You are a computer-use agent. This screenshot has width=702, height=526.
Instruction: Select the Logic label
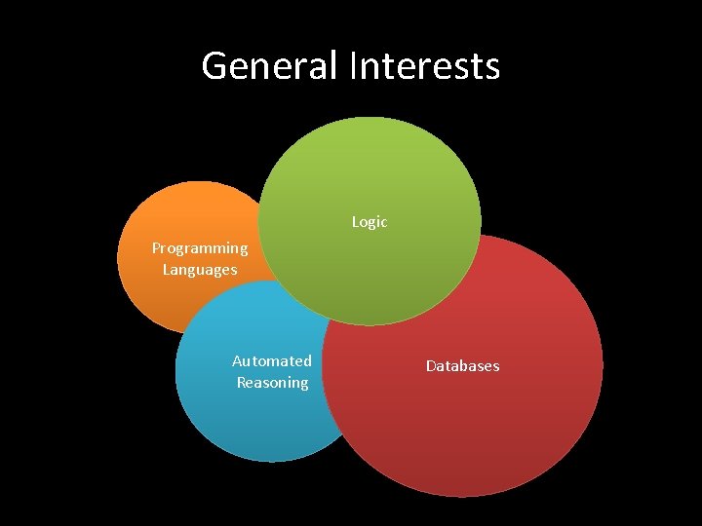pyautogui.click(x=370, y=222)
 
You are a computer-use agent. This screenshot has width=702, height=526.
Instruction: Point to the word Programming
pyautogui.click(x=200, y=248)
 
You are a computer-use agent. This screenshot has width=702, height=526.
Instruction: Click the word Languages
pyautogui.click(x=200, y=270)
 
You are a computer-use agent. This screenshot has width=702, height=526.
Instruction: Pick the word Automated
pyautogui.click(x=272, y=361)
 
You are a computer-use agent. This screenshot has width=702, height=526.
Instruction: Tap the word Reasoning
pyautogui.click(x=272, y=383)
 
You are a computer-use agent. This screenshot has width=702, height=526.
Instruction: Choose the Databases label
pyautogui.click(x=462, y=366)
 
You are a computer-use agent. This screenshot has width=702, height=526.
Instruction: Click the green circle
pyautogui.click(x=370, y=166)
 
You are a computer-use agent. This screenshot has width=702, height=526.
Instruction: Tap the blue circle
pyautogui.click(x=244, y=419)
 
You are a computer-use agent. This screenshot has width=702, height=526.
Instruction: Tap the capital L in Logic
pyautogui.click(x=355, y=222)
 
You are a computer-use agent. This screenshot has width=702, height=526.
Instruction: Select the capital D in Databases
pyautogui.click(x=430, y=366)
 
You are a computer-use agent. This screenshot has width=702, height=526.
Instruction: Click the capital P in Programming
pyautogui.click(x=156, y=248)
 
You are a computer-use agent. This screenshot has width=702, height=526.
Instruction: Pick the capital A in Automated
pyautogui.click(x=237, y=361)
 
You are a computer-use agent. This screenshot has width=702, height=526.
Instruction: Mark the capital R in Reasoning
pyautogui.click(x=241, y=383)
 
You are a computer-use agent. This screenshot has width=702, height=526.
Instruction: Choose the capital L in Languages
pyautogui.click(x=167, y=270)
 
